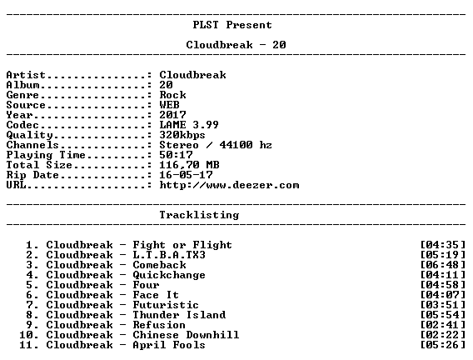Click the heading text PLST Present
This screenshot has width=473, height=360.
click(232, 25)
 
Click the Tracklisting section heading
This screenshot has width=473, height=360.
click(199, 215)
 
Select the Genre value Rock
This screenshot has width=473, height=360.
click(172, 95)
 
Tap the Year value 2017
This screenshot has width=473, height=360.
click(172, 115)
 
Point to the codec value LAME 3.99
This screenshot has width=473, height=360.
click(189, 125)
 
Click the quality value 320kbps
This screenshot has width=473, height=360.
click(182, 135)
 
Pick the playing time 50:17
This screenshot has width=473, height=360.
click(176, 155)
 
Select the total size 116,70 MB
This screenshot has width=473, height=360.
click(189, 165)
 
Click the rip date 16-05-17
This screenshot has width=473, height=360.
click(186, 175)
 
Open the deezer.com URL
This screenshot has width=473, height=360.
click(229, 185)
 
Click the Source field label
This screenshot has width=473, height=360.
click(26, 105)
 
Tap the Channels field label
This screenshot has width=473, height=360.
click(32, 145)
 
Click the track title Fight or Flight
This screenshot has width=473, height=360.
click(182, 245)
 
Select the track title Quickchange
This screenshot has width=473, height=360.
click(169, 275)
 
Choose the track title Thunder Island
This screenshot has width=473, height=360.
click(179, 315)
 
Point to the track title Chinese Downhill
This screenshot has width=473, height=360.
click(186, 335)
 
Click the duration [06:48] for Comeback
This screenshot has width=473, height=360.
click(442, 265)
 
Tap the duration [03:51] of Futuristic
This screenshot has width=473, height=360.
click(442, 305)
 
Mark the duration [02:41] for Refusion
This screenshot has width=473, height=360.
click(442, 325)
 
